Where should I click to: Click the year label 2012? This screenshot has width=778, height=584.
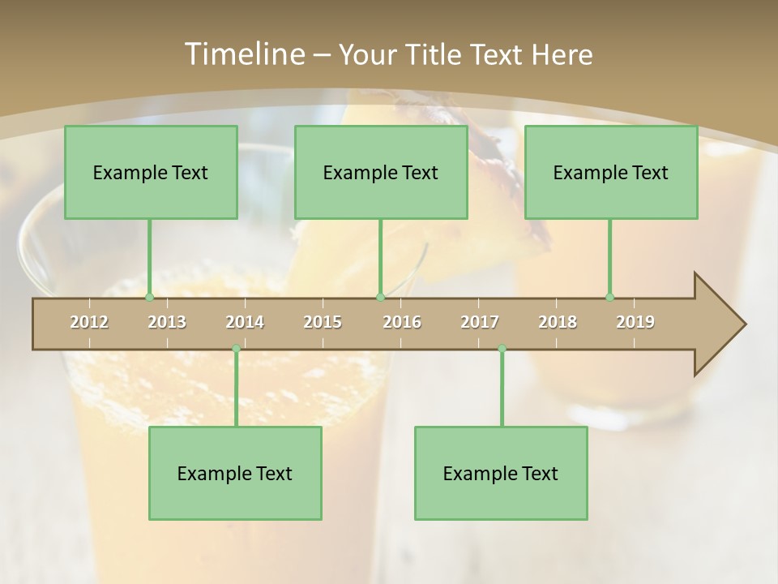coord(89,322)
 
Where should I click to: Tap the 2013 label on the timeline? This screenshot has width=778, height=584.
coord(167,322)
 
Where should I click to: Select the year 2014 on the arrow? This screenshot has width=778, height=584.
coord(245,322)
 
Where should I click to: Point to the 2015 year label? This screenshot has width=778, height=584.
coord(323,322)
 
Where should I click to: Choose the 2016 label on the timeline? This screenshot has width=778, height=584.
coord(402,322)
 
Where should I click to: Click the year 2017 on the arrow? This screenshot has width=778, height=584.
coord(480,322)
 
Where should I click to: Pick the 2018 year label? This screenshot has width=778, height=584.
coord(558,322)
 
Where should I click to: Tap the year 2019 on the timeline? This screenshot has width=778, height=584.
coord(635,322)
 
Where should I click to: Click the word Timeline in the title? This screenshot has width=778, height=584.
coord(242,54)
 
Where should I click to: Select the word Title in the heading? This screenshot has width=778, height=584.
coord(437,54)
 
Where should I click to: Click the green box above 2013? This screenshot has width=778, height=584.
coord(151,172)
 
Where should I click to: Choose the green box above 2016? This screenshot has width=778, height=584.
coord(381,172)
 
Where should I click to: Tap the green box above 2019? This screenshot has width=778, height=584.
coord(611,172)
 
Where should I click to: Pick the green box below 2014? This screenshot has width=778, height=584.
coord(235,473)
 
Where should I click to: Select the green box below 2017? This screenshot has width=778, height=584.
coord(501,473)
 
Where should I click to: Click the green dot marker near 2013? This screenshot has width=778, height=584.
coord(149,298)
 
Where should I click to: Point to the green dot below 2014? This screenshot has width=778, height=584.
coord(236,349)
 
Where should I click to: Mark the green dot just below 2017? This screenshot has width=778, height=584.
coord(502,349)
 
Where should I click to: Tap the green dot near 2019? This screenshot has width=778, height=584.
coord(609,298)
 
